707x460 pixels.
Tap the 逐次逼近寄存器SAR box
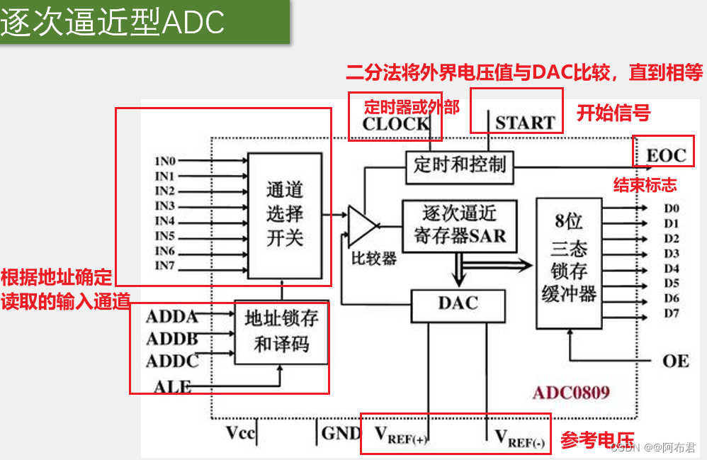(x=459, y=224)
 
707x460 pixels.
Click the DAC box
(x=458, y=304)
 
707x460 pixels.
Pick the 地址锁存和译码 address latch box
(x=281, y=331)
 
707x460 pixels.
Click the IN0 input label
(x=164, y=161)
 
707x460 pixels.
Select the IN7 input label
(x=164, y=267)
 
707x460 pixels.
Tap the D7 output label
(x=671, y=313)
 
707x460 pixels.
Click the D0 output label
(x=671, y=208)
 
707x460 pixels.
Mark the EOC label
(x=666, y=155)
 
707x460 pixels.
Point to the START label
(x=524, y=123)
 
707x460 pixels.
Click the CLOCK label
(x=396, y=123)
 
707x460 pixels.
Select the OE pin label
(x=675, y=361)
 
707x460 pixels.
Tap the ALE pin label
(x=172, y=386)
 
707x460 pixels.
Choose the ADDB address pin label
(x=171, y=340)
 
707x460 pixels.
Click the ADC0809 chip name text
(x=571, y=393)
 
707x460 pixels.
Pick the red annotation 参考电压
(x=597, y=440)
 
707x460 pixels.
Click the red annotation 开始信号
(x=613, y=113)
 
